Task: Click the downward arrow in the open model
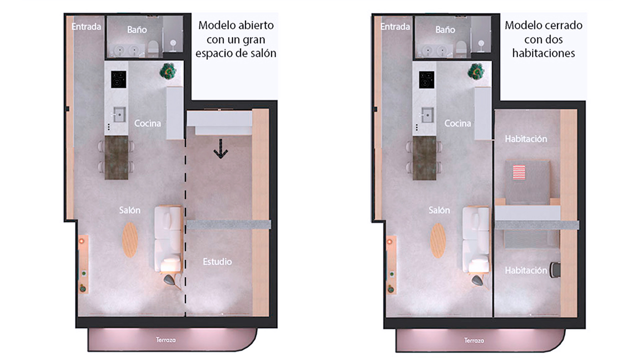click(x=220, y=149)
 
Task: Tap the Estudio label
click(x=217, y=261)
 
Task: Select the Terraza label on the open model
click(x=165, y=339)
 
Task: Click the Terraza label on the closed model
click(x=473, y=340)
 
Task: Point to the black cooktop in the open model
click(x=118, y=79)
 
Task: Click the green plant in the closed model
click(x=475, y=71)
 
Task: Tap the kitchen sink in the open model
click(x=119, y=114)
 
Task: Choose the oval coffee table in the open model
click(x=130, y=240)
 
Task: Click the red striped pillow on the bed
click(x=519, y=172)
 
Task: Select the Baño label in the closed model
click(x=445, y=29)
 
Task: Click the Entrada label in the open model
click(x=86, y=26)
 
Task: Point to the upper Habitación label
click(x=526, y=139)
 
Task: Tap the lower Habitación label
click(x=526, y=270)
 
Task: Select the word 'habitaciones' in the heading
click(x=543, y=53)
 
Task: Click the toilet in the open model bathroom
click(x=153, y=46)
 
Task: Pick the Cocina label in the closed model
click(x=457, y=123)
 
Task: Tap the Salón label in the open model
click(x=129, y=210)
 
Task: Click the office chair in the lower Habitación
click(x=555, y=269)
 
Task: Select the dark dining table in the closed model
click(x=424, y=158)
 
